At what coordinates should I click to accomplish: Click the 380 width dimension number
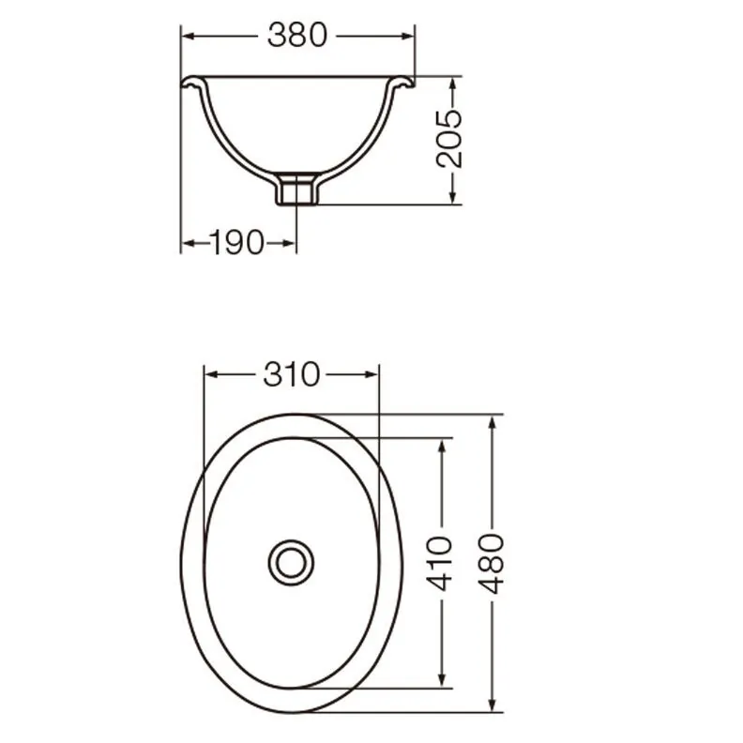(x=297, y=35)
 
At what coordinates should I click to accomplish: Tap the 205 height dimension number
(x=448, y=138)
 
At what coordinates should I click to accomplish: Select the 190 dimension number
(x=236, y=243)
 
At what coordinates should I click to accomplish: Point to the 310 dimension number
(x=292, y=374)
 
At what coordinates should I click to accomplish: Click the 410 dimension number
(x=439, y=564)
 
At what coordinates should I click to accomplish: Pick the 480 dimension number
(x=491, y=564)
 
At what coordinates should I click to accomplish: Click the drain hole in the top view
(x=291, y=563)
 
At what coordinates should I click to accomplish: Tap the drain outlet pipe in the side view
(x=297, y=190)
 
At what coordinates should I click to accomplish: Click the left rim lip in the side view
(x=194, y=83)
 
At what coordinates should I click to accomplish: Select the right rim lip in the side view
(x=401, y=83)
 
